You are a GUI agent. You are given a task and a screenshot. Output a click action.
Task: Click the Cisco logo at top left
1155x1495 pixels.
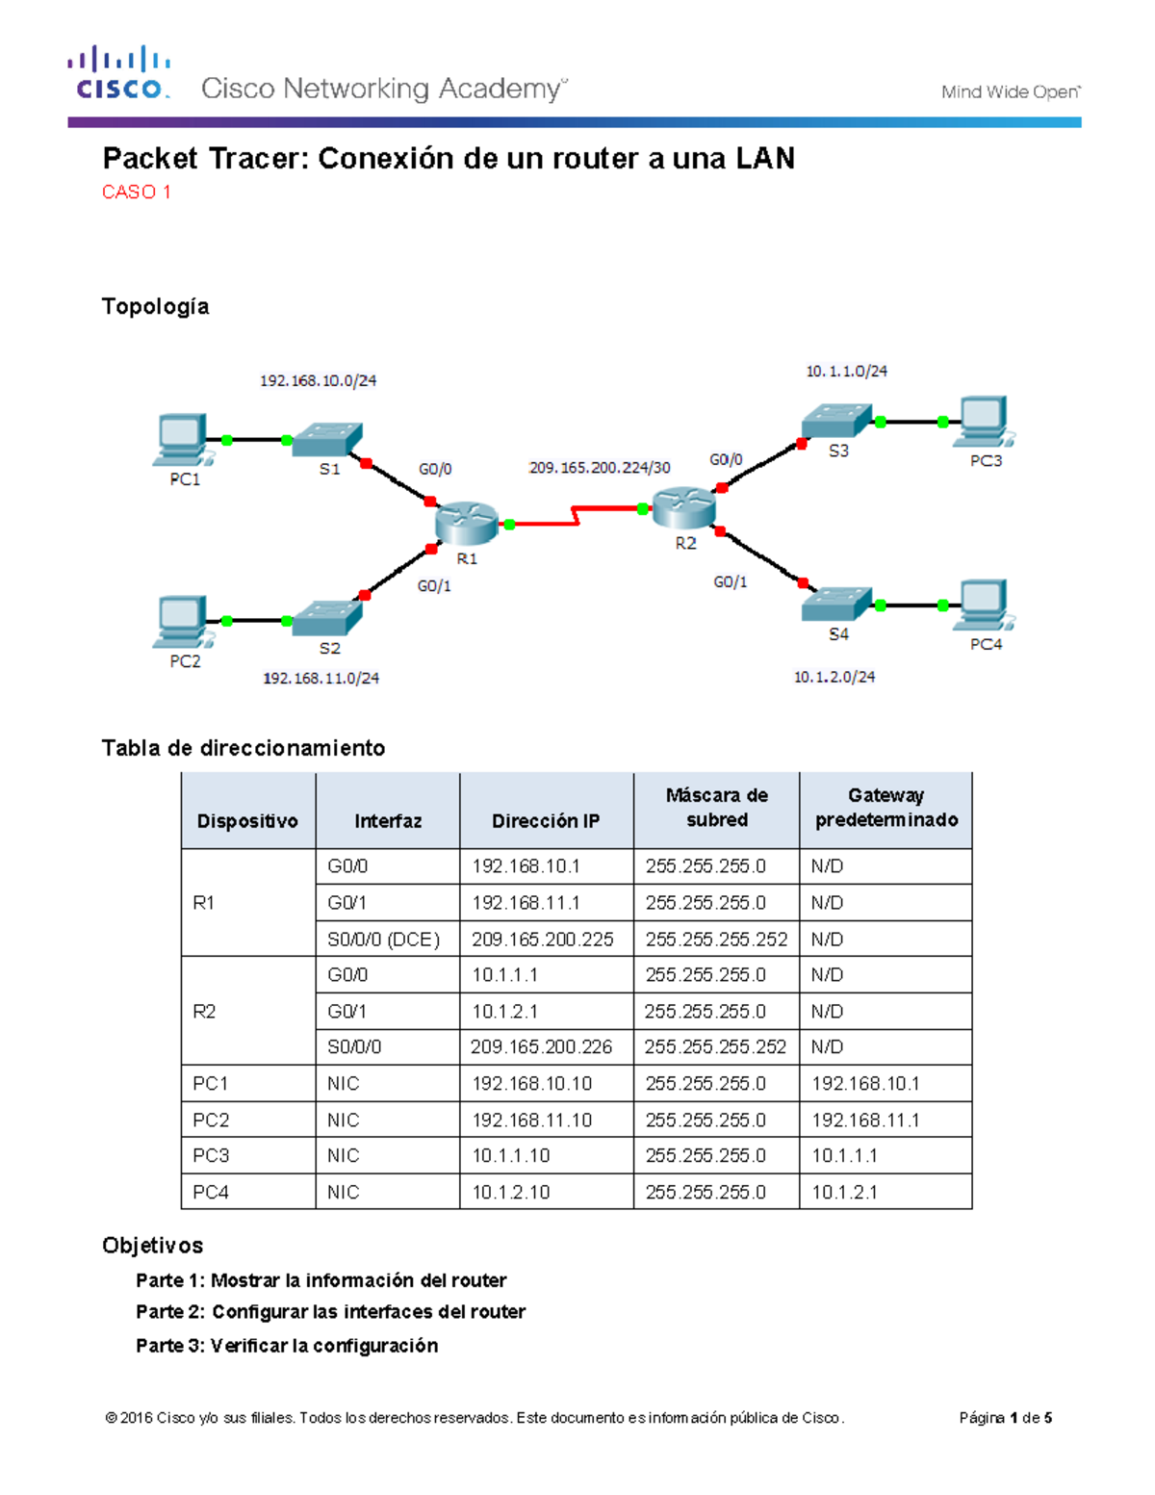119,73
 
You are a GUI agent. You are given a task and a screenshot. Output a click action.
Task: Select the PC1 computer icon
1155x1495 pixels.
182,439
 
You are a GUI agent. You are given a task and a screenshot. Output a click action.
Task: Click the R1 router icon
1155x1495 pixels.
466,524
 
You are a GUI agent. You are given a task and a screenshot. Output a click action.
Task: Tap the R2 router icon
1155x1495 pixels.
683,507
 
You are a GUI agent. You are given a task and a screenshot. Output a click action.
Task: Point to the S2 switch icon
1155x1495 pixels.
327,618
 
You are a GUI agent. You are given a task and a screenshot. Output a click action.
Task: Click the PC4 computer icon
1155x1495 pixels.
983,605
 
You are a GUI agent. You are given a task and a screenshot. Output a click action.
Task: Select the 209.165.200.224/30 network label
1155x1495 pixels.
600,468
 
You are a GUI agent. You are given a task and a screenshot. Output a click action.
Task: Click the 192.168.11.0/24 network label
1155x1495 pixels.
321,679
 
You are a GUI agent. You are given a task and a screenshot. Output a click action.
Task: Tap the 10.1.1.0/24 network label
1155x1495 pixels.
846,372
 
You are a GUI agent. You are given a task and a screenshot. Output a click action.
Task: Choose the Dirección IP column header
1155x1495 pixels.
546,821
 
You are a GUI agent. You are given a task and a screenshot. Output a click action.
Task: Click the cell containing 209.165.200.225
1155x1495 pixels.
543,940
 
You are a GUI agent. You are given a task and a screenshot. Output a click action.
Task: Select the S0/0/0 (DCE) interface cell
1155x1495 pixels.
383,940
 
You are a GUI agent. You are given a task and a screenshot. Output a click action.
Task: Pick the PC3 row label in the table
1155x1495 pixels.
211,1156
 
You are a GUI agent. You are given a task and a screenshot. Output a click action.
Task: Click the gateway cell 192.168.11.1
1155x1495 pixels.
865,1121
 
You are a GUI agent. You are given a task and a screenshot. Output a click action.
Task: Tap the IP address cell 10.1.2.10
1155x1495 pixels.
511,1193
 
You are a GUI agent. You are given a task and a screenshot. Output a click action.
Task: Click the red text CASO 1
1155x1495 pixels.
137,193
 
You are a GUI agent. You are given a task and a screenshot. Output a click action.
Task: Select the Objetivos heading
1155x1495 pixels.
152,1246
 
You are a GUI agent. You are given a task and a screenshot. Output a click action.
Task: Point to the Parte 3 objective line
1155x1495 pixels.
287,1346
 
